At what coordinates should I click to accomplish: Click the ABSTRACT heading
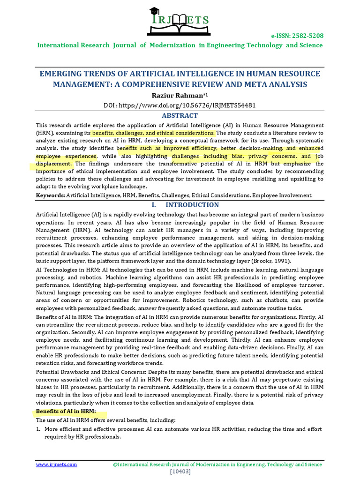point(180,115)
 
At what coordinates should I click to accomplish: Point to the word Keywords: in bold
point(51,195)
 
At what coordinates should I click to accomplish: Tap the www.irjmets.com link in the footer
point(56,465)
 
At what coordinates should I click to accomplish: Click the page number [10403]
point(180,471)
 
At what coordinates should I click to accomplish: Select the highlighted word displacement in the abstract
point(54,164)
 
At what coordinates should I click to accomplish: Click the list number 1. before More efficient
point(38,429)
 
